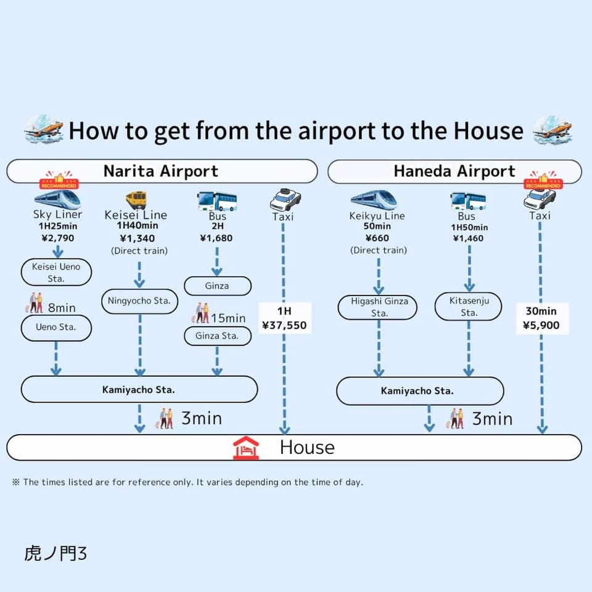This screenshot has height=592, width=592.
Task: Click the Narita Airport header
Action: tap(162, 171)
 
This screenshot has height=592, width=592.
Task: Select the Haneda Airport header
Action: tap(454, 171)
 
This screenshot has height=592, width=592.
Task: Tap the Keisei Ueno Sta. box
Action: tap(56, 272)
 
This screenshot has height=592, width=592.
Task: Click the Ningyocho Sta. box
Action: tap(139, 301)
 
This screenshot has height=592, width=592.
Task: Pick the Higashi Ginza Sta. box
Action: tap(377, 307)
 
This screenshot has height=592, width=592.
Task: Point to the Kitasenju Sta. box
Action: tap(469, 306)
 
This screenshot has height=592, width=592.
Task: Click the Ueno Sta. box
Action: tap(56, 327)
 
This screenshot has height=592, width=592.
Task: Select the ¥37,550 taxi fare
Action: tap(284, 325)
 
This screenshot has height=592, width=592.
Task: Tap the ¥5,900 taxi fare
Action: tap(541, 325)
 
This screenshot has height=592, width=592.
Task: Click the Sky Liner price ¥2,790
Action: tap(58, 238)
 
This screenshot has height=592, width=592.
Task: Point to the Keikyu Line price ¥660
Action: tap(377, 238)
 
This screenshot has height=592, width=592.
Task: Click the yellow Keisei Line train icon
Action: tap(136, 200)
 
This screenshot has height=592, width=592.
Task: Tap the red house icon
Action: tap(246, 448)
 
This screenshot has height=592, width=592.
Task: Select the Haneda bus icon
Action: tap(468, 201)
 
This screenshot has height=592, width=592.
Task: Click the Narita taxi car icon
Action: tap(286, 200)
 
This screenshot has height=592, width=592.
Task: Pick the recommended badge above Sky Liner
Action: tap(59, 180)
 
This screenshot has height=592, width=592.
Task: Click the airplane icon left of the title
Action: tap(44, 129)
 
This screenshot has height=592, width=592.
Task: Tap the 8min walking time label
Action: tap(62, 308)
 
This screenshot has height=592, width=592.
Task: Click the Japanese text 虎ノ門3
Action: tap(55, 554)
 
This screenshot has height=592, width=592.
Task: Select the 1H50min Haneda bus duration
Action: tap(469, 228)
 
